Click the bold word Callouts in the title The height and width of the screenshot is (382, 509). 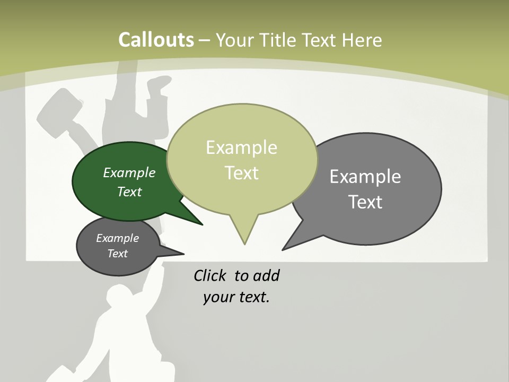[156, 40]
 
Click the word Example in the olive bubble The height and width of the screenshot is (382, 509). [241, 147]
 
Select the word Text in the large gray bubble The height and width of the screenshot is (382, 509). [365, 202]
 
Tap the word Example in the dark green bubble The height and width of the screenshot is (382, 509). [129, 172]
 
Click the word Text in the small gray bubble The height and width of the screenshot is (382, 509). [117, 254]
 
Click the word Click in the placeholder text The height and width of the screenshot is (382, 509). [210, 275]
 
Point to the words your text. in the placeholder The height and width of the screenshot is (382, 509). [236, 297]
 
